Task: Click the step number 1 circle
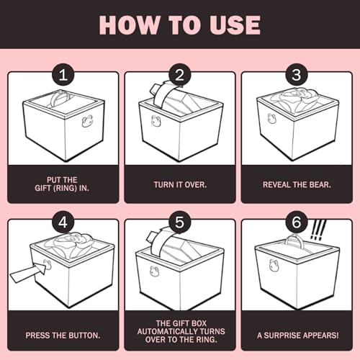coord(63,75)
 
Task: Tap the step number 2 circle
coord(179,75)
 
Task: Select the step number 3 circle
coord(296,75)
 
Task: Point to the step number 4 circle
coord(63,222)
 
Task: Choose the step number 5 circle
coord(179,222)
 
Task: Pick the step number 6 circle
coord(296,222)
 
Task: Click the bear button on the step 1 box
coord(87,121)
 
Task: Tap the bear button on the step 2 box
coord(156,121)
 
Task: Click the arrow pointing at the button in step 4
coord(28,272)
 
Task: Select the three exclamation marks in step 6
coord(318,230)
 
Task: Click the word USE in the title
coord(235,25)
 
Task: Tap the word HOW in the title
coord(130,25)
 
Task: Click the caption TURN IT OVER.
coord(180,184)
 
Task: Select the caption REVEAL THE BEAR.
coord(297,184)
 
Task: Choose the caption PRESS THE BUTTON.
coord(63,336)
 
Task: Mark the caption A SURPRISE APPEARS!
coord(298,336)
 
